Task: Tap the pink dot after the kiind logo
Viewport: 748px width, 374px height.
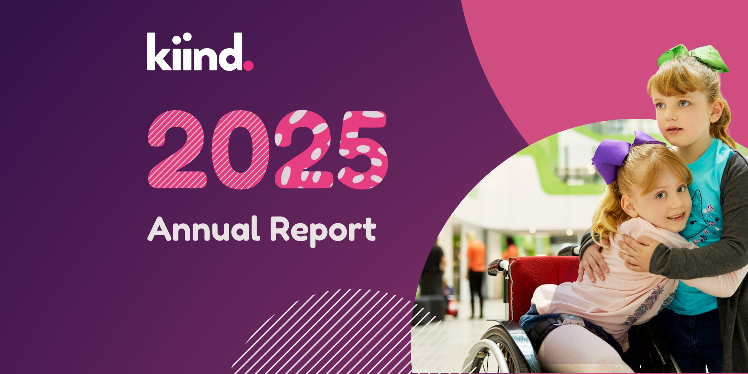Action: click(248, 65)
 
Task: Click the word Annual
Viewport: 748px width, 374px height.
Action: click(204, 229)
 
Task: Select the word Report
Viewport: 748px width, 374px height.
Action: click(323, 231)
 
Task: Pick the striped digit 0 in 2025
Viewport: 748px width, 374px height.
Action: click(240, 150)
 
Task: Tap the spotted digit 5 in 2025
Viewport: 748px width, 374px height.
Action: click(363, 150)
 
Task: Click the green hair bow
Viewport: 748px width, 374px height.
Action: click(693, 58)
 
